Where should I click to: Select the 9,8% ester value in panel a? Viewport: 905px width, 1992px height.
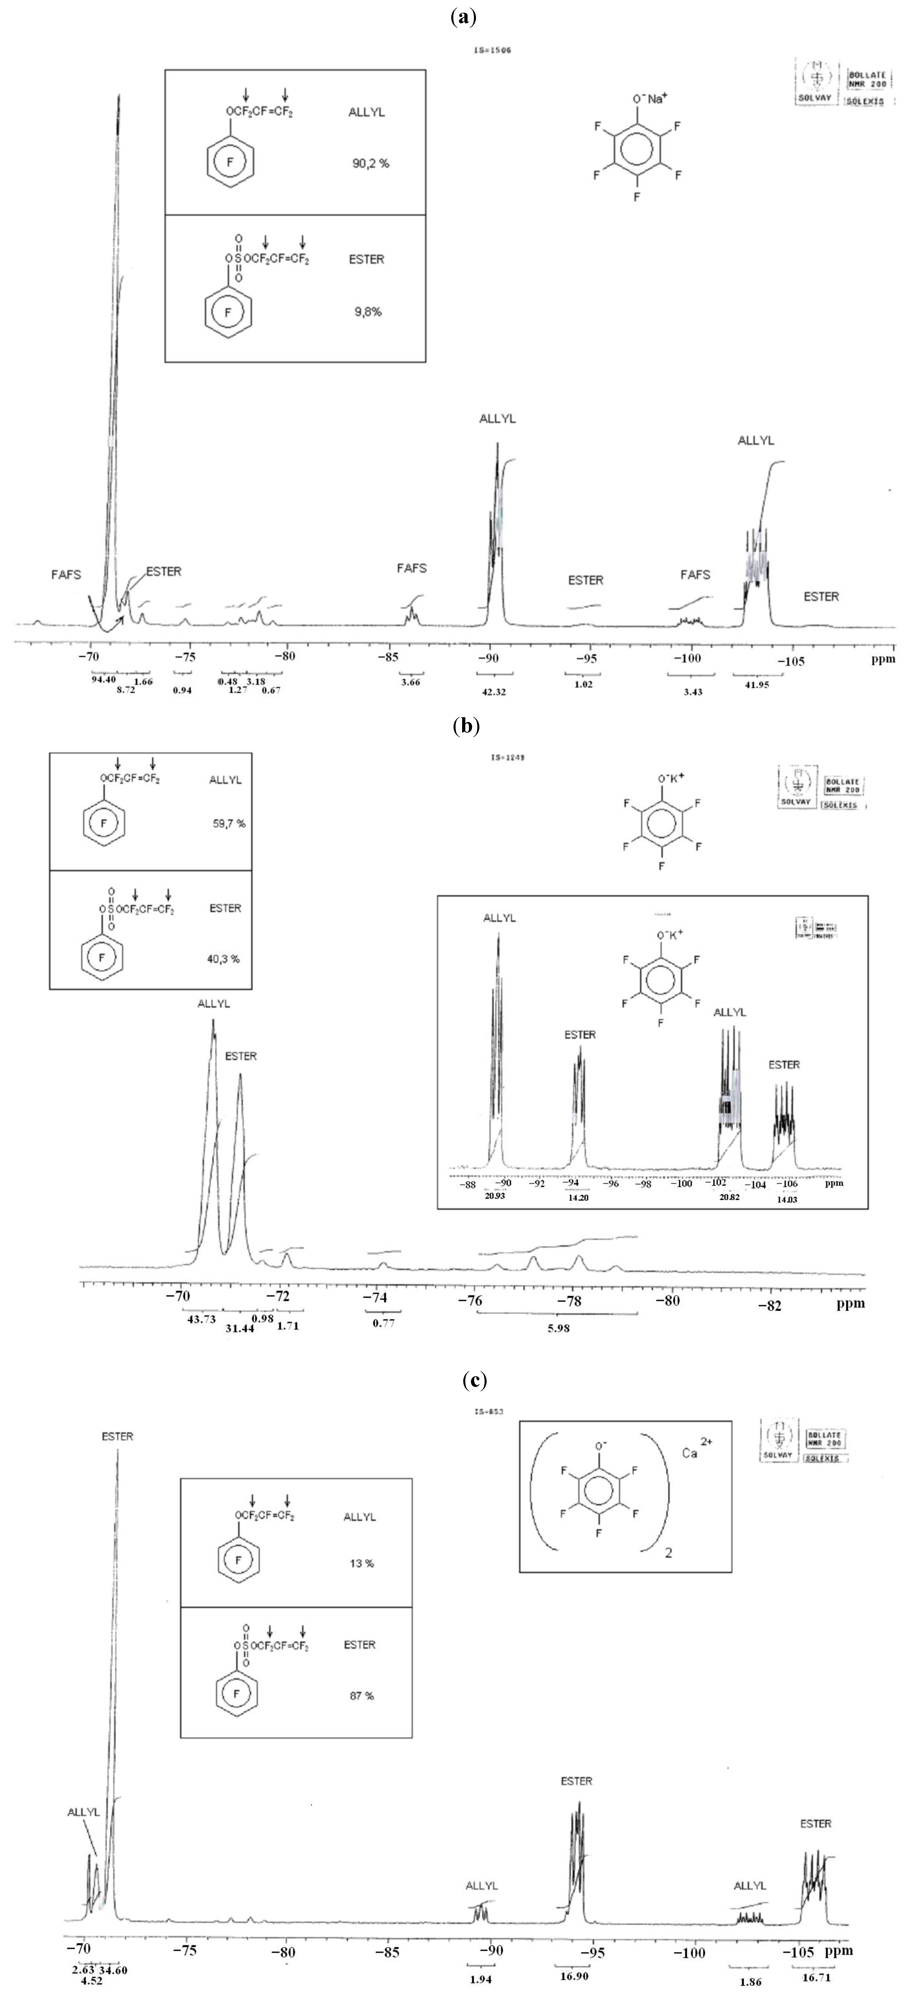pos(367,312)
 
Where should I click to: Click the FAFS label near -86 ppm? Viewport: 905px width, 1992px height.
pos(412,568)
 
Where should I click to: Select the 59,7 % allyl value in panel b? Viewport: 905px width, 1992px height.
pos(229,823)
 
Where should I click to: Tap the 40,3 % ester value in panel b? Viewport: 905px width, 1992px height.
pos(226,959)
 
